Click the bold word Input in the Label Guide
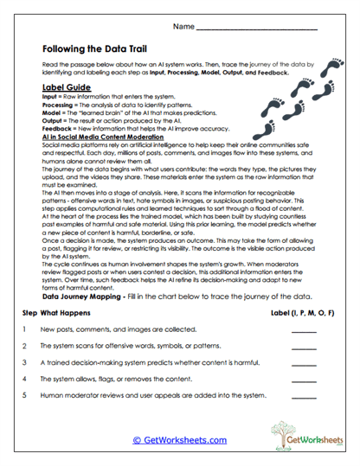(49, 98)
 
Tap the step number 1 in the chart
(23, 329)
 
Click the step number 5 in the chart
(23, 394)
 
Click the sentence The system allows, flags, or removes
(111, 378)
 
